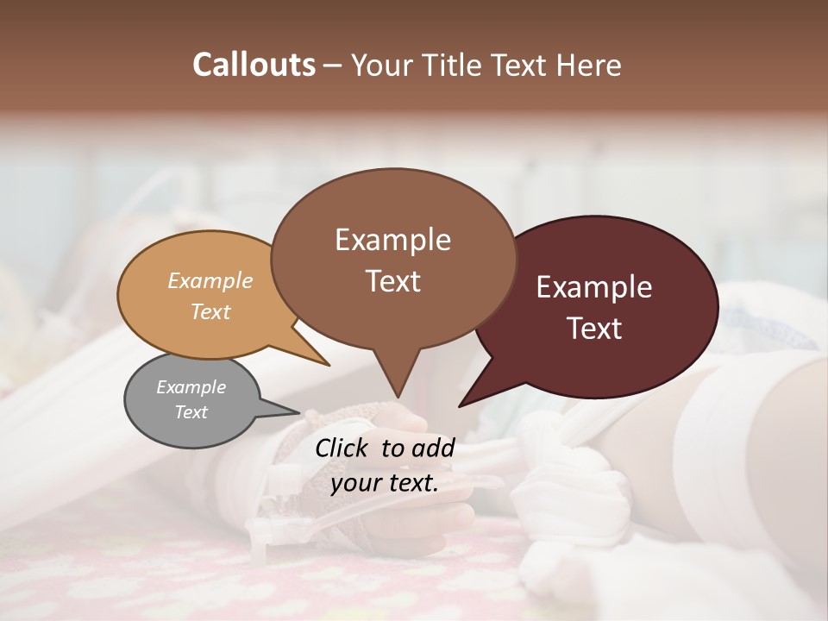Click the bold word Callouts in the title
tap(254, 65)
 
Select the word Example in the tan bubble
tap(210, 280)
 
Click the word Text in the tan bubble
tap(210, 311)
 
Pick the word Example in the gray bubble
tap(191, 387)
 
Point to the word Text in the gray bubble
tap(191, 412)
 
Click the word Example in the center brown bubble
tap(392, 240)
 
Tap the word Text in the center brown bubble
tap(392, 281)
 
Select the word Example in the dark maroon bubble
tap(594, 287)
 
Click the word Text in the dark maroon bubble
tap(594, 329)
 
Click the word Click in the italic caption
tap(343, 448)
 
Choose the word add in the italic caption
tap(434, 448)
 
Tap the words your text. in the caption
tap(385, 483)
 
